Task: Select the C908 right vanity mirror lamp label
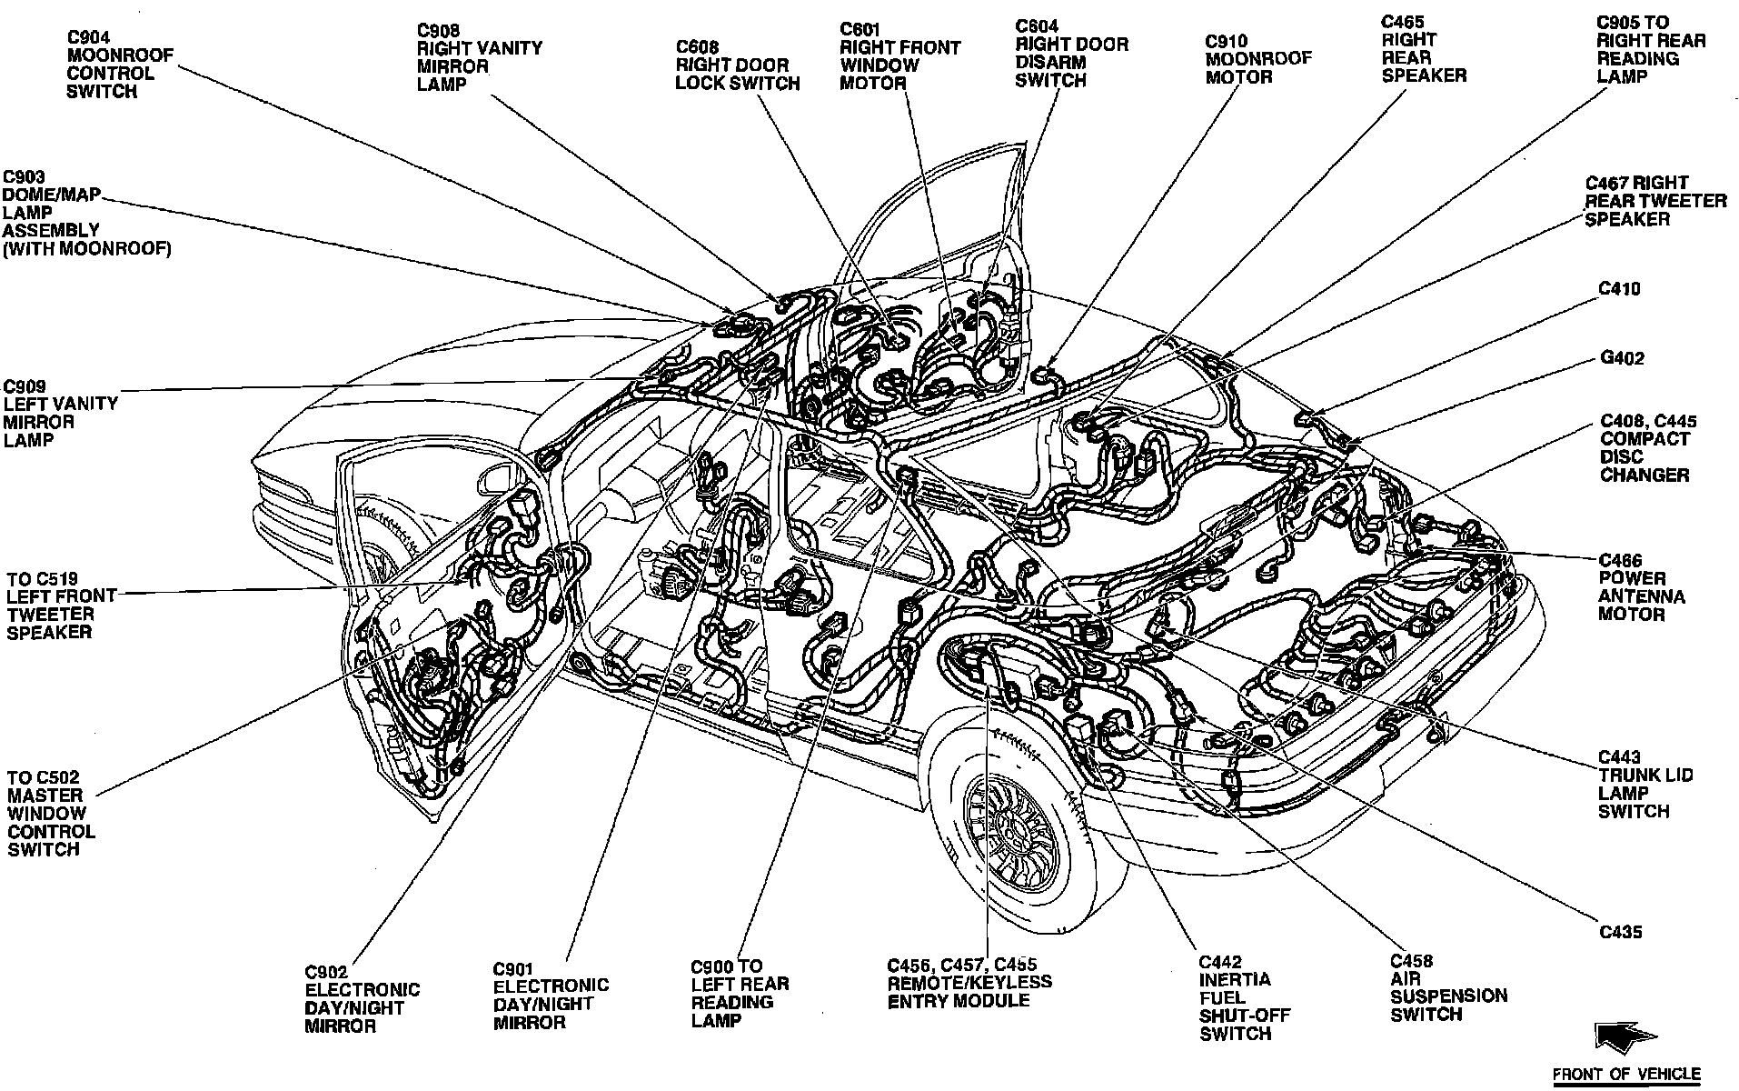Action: point(479,57)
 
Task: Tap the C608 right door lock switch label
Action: point(737,65)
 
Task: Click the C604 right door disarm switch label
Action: point(1071,54)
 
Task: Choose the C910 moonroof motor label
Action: point(1257,59)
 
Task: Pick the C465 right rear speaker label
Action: point(1423,49)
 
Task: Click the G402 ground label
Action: point(1622,358)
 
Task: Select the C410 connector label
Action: point(1619,289)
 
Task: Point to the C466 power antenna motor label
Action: point(1642,587)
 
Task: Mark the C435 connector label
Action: point(1620,932)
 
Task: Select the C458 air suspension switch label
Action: point(1447,987)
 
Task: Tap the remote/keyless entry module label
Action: point(969,983)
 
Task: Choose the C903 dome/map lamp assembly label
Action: point(86,213)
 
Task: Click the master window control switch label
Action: point(51,813)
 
